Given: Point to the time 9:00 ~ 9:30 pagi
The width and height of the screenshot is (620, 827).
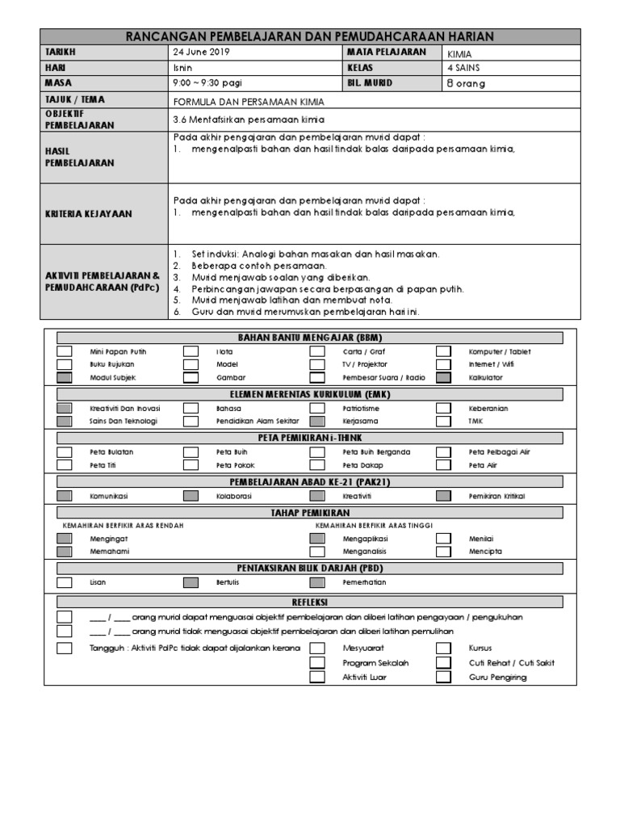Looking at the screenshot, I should coord(207,83).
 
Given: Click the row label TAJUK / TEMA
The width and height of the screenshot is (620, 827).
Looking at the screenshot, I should coord(76,99).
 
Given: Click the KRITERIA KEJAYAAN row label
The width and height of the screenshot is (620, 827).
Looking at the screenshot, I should coord(89,214).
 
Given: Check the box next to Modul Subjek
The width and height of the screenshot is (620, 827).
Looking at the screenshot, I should coord(65,377).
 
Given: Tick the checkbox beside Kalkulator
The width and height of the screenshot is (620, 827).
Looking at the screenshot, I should coord(444,377).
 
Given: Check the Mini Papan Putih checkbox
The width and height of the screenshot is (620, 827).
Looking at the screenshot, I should coord(65,351).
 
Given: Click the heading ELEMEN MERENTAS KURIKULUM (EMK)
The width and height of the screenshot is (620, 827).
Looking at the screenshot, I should coord(316,394).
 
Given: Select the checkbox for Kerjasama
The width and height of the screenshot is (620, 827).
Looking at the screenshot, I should coord(317,421).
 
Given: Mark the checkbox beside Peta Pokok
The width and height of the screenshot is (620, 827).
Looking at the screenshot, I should coord(191,465).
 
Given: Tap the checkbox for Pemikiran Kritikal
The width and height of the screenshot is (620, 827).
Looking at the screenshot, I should coord(444,495).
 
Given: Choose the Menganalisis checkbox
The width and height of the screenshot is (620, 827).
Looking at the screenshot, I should coord(317,552).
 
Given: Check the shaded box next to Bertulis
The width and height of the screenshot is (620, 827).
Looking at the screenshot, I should coord(191,582).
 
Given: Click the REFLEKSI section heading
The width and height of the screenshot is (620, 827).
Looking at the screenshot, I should coord(316,602).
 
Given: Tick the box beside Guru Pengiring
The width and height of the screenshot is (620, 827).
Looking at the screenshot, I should coord(444,677).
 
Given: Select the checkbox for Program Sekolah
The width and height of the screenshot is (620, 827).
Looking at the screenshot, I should coord(317,663).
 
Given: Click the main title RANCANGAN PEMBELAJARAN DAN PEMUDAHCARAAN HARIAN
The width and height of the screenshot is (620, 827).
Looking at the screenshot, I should coord(310,36).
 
